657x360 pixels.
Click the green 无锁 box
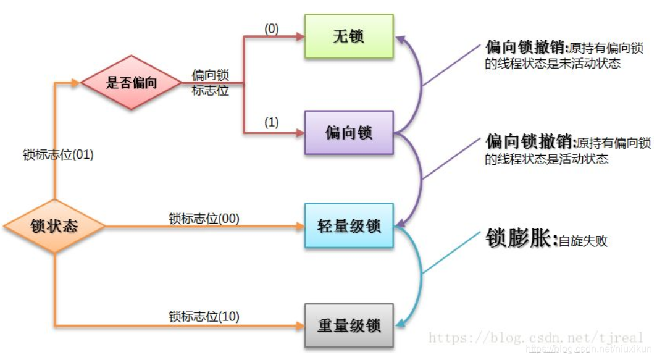pos(349,36)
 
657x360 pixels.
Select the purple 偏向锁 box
pos(349,132)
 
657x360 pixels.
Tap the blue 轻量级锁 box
pos(349,225)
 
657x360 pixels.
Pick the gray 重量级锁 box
pos(349,325)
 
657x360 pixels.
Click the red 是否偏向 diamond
pos(132,83)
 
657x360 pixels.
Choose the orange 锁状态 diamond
pos(54,226)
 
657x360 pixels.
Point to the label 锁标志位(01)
pos(58,155)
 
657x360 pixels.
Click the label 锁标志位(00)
pos(204,219)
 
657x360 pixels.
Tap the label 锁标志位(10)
pos(204,317)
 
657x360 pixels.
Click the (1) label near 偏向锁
pos(272,122)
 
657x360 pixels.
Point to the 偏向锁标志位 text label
pos(211,83)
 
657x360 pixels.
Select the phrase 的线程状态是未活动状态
pos(553,64)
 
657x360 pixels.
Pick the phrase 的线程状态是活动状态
pos(546,159)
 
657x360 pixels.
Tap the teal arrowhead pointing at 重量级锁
pos(400,322)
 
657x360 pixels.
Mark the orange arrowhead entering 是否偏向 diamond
pos(76,83)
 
